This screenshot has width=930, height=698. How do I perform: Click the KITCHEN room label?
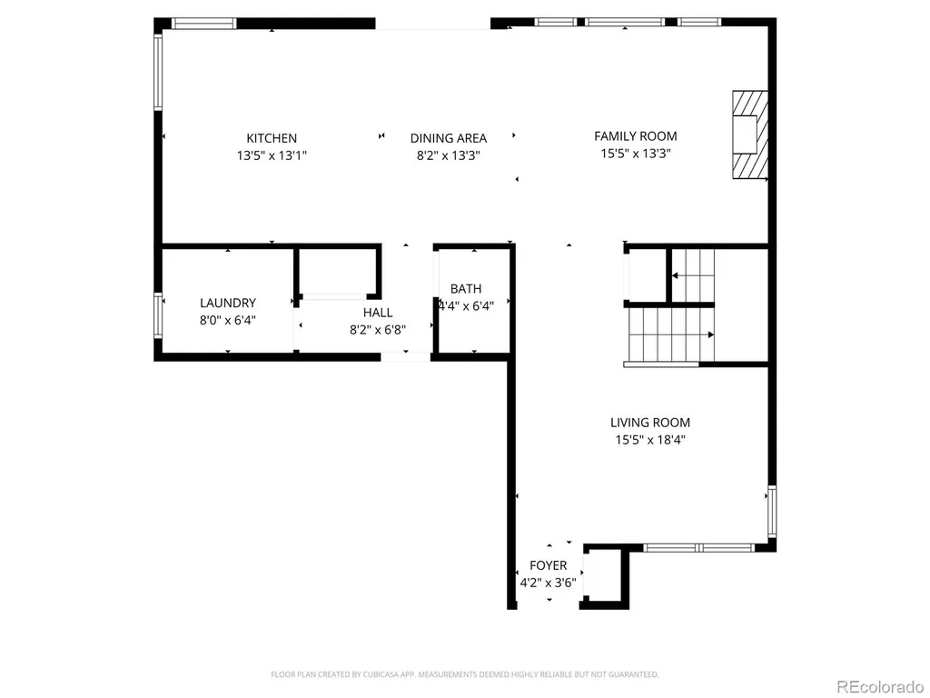[272, 138]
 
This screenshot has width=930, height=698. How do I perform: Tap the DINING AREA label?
[449, 138]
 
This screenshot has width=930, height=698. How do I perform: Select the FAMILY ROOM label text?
[635, 136]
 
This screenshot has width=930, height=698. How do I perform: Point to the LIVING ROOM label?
[650, 423]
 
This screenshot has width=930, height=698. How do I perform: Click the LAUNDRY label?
[228, 303]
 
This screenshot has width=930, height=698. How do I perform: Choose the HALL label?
[378, 313]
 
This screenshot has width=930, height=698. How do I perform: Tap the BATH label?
[466, 289]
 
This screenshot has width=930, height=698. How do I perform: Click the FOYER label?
[548, 565]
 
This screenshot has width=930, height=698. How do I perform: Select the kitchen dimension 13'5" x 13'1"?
[272, 155]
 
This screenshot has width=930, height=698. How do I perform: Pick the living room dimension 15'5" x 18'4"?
[650, 440]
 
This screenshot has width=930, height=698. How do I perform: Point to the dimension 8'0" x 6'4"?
[228, 321]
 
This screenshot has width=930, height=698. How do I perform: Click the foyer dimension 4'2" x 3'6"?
[548, 583]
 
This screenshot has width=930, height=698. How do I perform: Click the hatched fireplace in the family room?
[750, 135]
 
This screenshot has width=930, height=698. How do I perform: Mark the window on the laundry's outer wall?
[158, 315]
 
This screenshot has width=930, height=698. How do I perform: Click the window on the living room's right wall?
[772, 512]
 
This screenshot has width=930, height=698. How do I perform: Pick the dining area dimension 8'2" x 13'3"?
[449, 155]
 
